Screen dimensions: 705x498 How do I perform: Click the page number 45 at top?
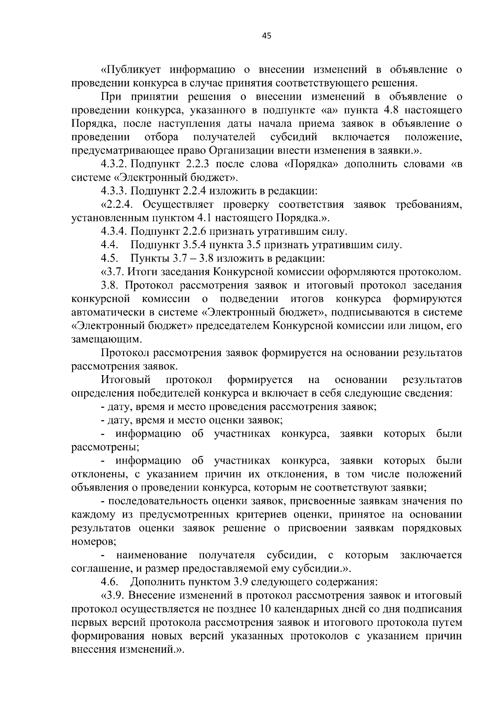pos(266,36)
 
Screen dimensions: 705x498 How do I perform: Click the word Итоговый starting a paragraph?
pos(125,380)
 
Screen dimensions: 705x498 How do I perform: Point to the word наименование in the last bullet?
pos(151,555)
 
